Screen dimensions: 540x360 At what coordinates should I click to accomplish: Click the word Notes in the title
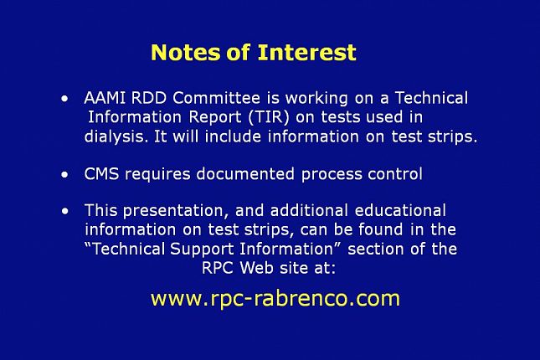pyautogui.click(x=186, y=53)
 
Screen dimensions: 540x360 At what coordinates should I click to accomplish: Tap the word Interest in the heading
pyautogui.click(x=307, y=53)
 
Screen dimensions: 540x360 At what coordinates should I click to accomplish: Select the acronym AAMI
pyautogui.click(x=105, y=98)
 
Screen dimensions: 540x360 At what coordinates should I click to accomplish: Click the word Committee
pyautogui.click(x=216, y=98)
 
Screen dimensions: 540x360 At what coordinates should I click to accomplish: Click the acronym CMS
pyautogui.click(x=101, y=174)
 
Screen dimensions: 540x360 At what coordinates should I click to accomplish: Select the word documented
pyautogui.click(x=245, y=174)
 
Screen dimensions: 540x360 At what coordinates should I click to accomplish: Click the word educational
pyautogui.click(x=400, y=210)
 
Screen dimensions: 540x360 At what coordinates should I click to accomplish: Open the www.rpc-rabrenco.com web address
pyautogui.click(x=275, y=299)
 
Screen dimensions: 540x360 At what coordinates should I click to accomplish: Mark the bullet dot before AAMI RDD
pyautogui.click(x=64, y=100)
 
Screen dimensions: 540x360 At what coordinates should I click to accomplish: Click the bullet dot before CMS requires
pyautogui.click(x=64, y=175)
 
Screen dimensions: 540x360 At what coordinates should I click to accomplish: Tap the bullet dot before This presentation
pyautogui.click(x=64, y=211)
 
